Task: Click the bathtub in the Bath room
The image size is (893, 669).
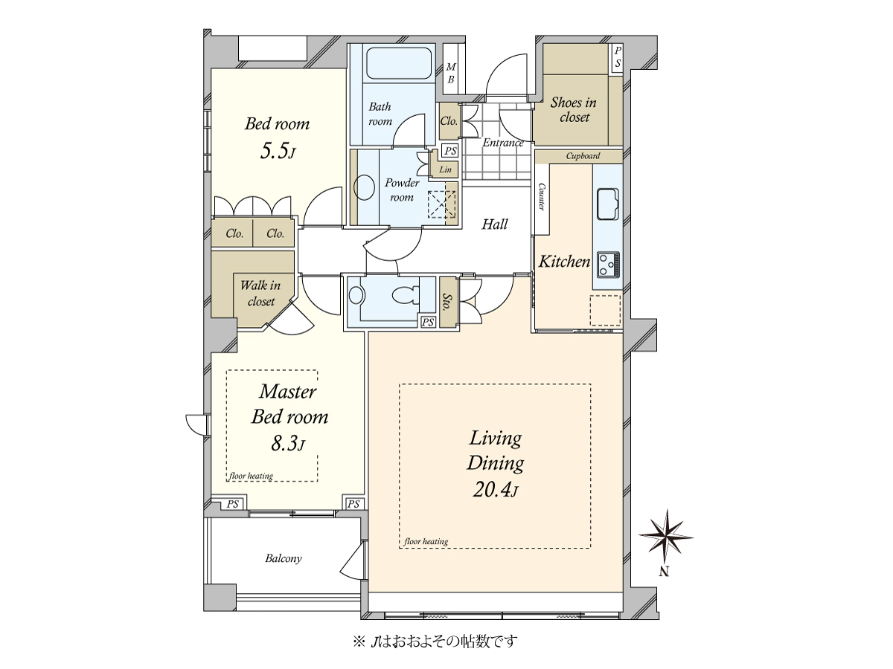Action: pos(398,63)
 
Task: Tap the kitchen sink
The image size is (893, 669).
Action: pos(607,204)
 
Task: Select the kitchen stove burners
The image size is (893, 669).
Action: pos(608,265)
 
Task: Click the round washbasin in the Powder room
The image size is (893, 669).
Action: pos(364,187)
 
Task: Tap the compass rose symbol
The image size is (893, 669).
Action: pos(666,537)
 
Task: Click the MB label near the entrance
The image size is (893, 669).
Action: pos(451,73)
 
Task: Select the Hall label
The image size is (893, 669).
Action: pos(495,224)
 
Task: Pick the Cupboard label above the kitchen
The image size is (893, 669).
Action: pos(583,156)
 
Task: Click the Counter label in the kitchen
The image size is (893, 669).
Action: pos(542,197)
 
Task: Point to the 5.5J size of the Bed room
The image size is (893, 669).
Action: pos(277,151)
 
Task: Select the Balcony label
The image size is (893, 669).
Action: pos(284,558)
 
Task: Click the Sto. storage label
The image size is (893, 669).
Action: pos(447,303)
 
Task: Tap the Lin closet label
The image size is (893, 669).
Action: pos(446,169)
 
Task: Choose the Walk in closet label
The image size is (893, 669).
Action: pos(260,294)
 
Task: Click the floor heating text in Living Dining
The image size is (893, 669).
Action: pos(426,541)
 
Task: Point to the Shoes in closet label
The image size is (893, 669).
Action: pos(574,110)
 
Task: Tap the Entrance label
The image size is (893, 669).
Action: pos(503,143)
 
